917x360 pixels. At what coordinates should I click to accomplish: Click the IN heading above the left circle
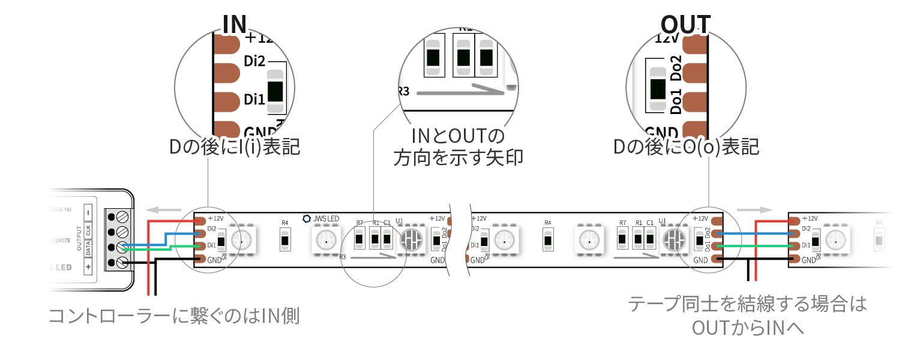click(235, 23)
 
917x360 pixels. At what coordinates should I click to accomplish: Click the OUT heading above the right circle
click(685, 25)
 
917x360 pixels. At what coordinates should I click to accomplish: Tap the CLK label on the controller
click(88, 230)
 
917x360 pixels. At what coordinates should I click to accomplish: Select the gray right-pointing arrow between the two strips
click(753, 211)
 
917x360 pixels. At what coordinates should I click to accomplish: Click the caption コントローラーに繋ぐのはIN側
click(173, 316)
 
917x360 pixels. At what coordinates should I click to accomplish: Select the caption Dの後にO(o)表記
click(687, 146)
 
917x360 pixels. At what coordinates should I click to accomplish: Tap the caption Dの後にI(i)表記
click(235, 146)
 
